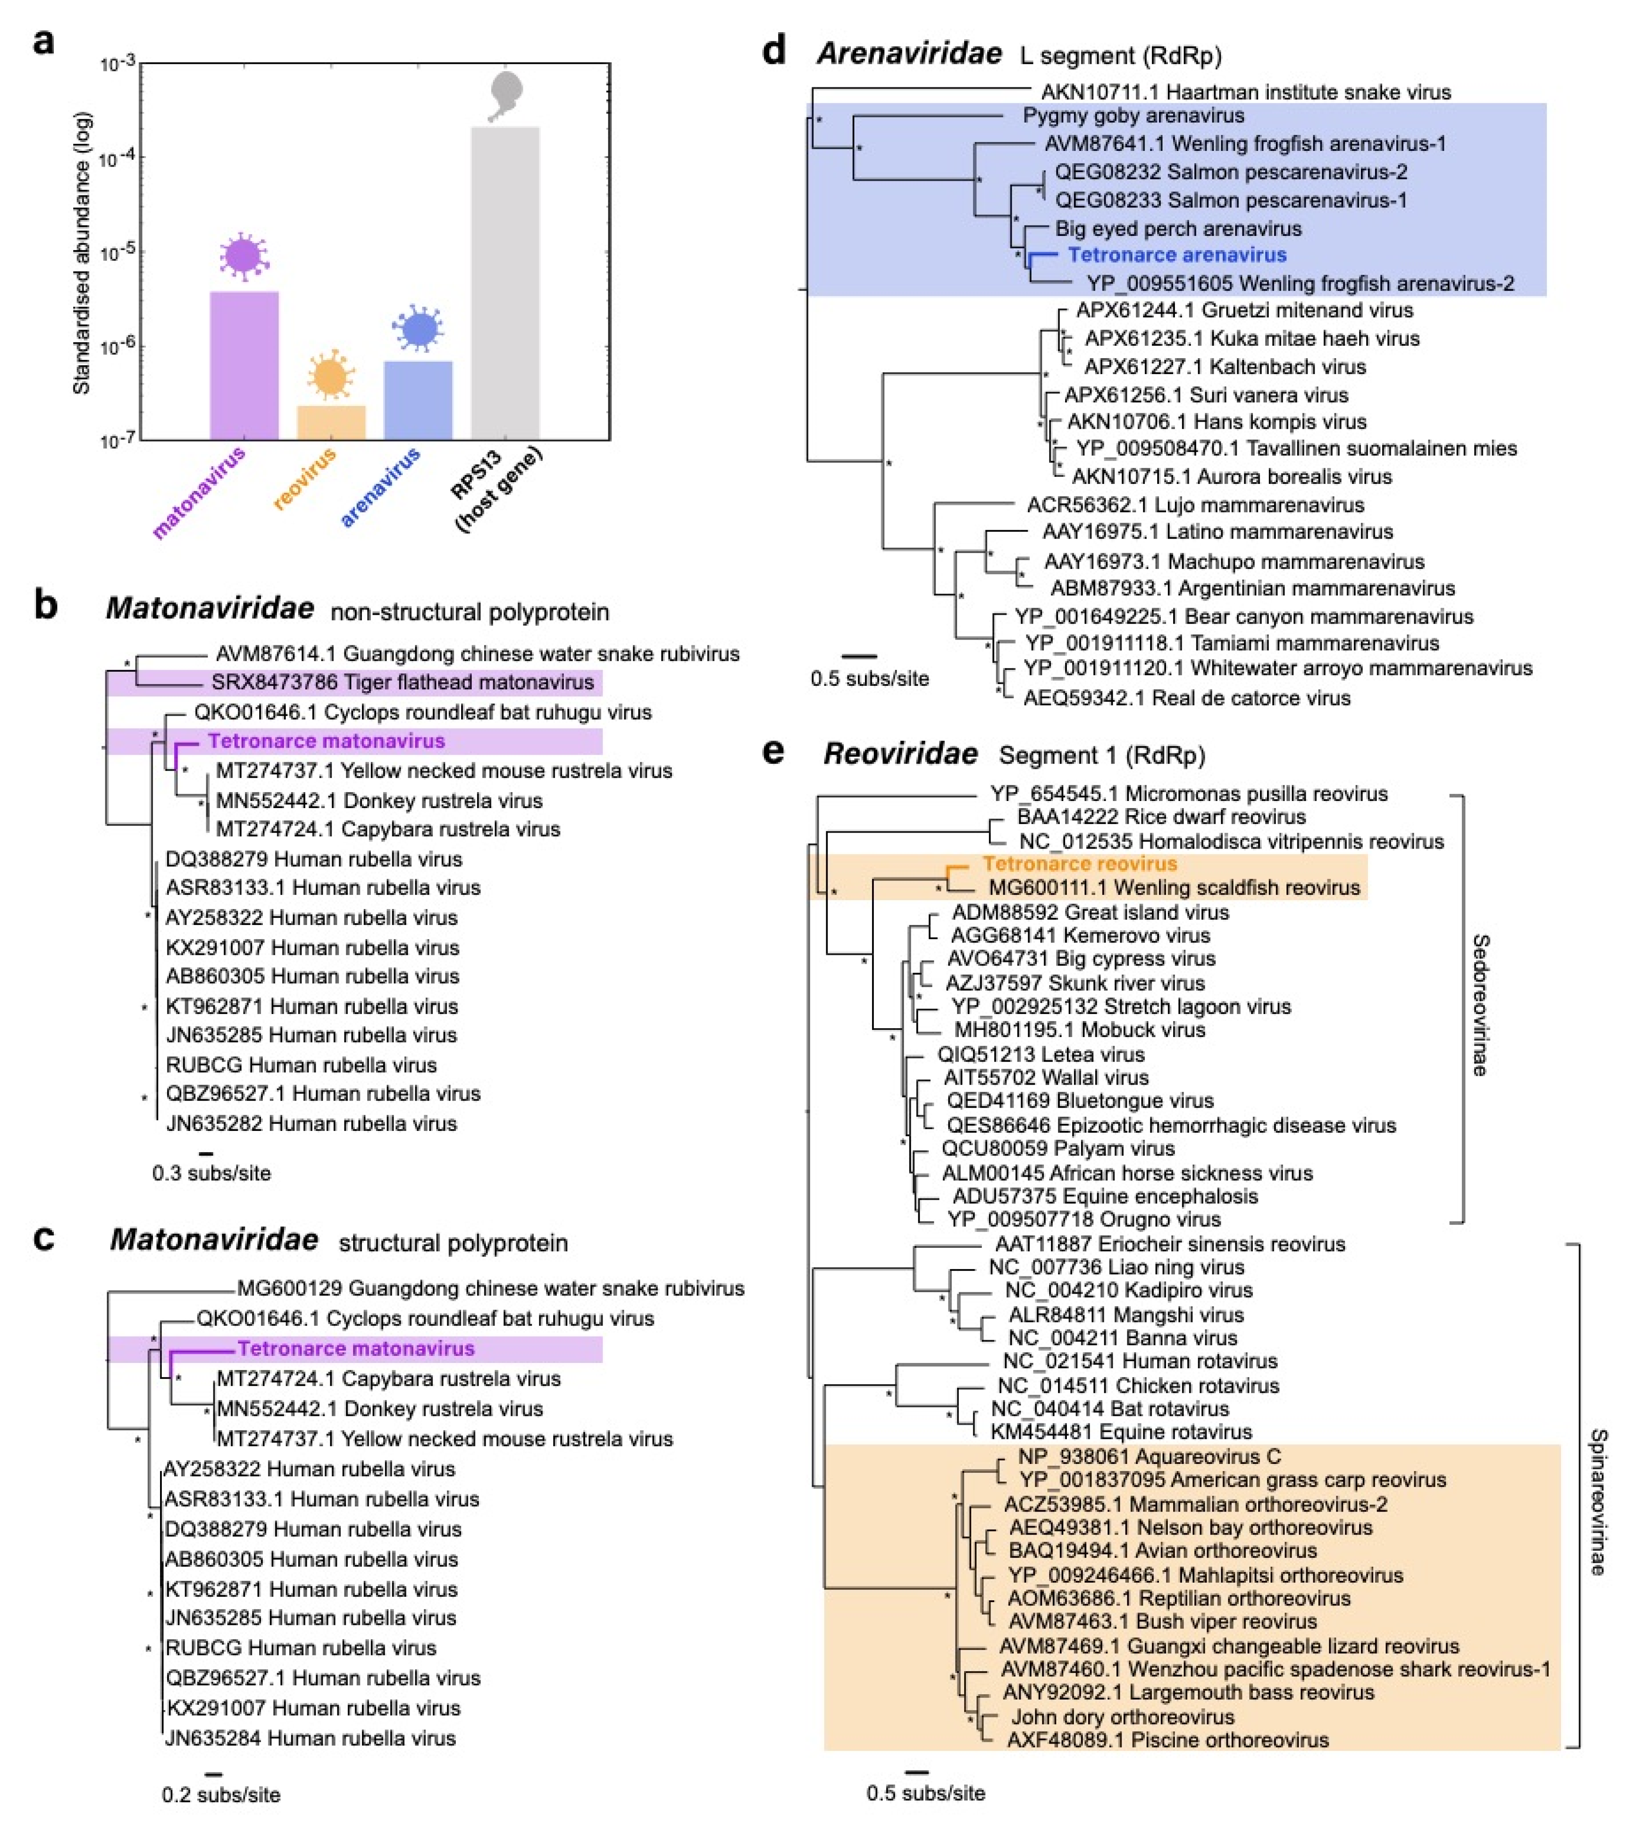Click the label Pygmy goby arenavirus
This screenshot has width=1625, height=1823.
1133,115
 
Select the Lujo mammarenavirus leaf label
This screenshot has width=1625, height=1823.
1196,505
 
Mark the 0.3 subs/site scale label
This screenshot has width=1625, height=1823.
212,1173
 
